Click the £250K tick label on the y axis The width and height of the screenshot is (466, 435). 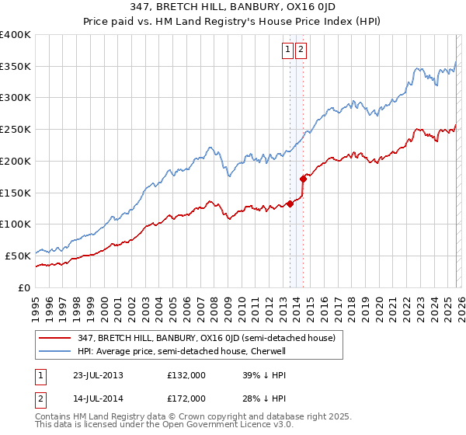[x=16, y=130]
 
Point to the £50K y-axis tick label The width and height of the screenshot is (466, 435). [x=18, y=256]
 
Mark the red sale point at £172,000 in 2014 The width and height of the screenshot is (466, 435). [x=303, y=179]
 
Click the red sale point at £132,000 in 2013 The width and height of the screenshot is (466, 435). [x=290, y=204]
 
